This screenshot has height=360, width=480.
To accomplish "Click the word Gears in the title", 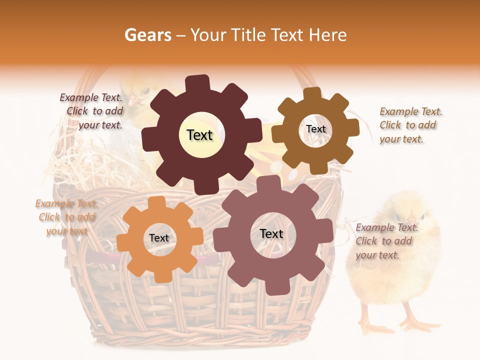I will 147,35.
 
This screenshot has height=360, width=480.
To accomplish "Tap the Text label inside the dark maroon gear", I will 199,135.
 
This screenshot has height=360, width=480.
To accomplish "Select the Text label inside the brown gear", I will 315,129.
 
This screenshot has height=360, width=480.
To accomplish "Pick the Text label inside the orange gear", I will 159,238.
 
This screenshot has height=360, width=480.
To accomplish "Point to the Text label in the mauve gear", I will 271,234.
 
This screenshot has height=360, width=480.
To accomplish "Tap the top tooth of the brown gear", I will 312,94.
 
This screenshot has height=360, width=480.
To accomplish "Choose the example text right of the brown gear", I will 410,125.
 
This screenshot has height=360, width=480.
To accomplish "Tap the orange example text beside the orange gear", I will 65,217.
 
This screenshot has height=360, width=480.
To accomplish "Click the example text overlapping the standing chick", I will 386,241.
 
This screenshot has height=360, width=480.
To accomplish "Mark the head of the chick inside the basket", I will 137,90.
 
